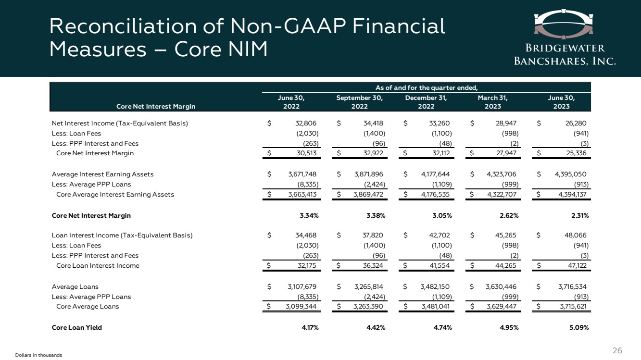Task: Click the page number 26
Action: pos(617,351)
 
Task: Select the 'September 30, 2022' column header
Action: pos(360,102)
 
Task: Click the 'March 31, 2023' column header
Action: pos(493,102)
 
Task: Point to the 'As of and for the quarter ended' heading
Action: pos(426,87)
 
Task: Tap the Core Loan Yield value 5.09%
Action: pos(579,328)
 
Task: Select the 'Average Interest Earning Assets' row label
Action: pos(102,174)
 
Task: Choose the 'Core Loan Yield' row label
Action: pos(77,328)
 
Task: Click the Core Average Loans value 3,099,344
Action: pos(301,307)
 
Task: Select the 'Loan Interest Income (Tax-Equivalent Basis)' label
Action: pos(122,236)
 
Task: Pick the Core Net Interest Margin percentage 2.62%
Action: pos(509,215)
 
